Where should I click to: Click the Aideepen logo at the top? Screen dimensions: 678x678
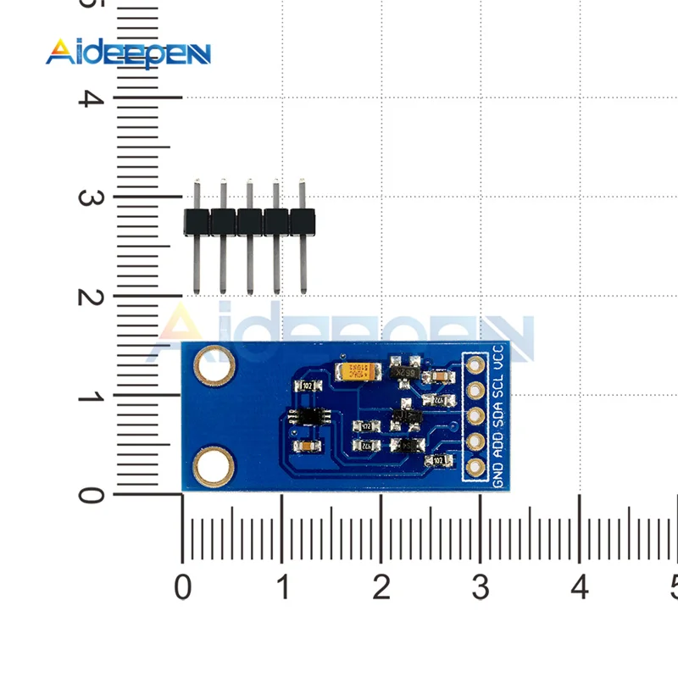point(127,53)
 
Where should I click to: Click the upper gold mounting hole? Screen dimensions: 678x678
point(214,365)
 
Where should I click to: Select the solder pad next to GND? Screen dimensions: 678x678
point(475,467)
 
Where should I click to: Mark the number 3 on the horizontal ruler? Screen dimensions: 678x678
point(481,586)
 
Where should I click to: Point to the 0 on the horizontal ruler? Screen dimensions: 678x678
point(182,586)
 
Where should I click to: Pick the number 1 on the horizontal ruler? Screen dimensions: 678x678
point(282,586)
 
